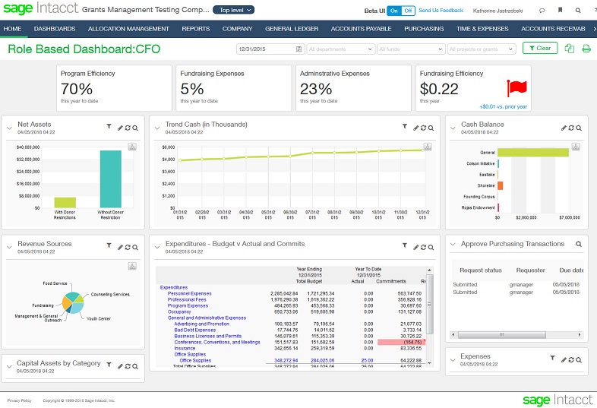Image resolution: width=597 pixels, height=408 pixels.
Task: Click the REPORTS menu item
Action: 195,29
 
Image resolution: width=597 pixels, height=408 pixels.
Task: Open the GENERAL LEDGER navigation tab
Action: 292,29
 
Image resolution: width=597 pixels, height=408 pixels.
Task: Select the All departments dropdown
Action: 340,49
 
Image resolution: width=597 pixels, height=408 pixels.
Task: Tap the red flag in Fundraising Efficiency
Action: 517,88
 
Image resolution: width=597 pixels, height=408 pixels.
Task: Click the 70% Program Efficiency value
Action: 77,89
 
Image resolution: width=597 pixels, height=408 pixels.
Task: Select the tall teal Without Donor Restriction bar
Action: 110,179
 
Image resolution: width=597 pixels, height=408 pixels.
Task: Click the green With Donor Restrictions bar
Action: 65,202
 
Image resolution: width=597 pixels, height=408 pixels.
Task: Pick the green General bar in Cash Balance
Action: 533,152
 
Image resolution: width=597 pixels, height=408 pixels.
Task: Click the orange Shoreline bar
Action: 500,185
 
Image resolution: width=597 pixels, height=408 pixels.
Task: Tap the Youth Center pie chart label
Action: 97,318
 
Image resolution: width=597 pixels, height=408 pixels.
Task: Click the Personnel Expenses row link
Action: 189,293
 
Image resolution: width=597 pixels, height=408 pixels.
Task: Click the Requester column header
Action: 531,270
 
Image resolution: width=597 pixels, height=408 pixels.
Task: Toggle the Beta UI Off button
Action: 408,11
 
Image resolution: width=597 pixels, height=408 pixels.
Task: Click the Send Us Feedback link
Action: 441,11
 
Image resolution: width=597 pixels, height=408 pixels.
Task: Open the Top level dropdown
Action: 233,10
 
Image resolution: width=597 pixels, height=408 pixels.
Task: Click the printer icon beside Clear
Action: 586,49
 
